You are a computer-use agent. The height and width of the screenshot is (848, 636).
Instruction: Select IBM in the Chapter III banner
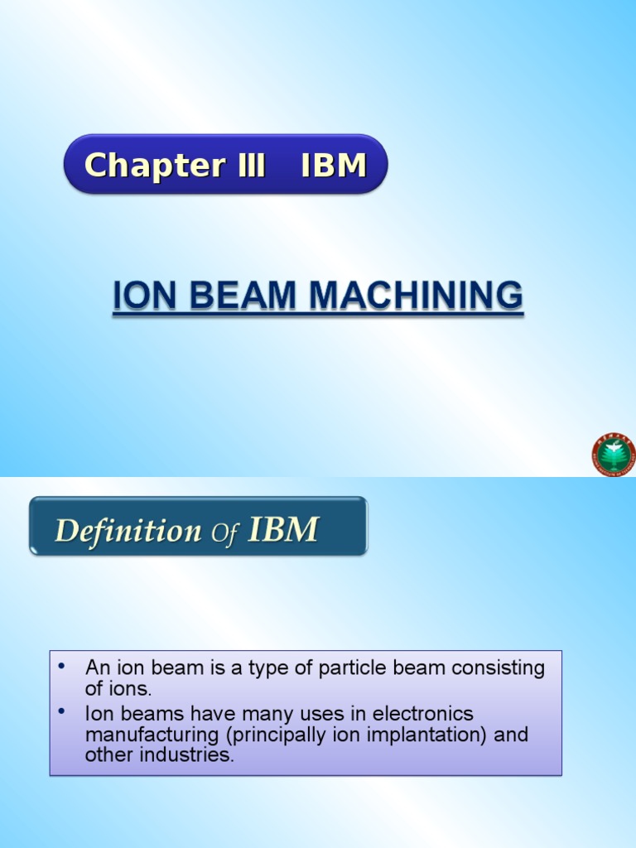[x=334, y=166]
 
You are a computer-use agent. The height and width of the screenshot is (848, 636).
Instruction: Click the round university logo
[x=614, y=455]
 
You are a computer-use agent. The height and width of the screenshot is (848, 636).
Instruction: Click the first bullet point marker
[x=62, y=667]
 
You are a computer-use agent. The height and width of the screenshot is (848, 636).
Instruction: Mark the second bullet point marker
[x=62, y=712]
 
